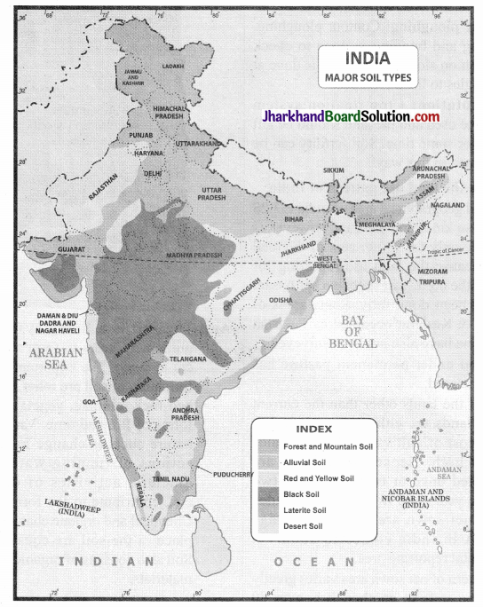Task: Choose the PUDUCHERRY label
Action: click(235, 474)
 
